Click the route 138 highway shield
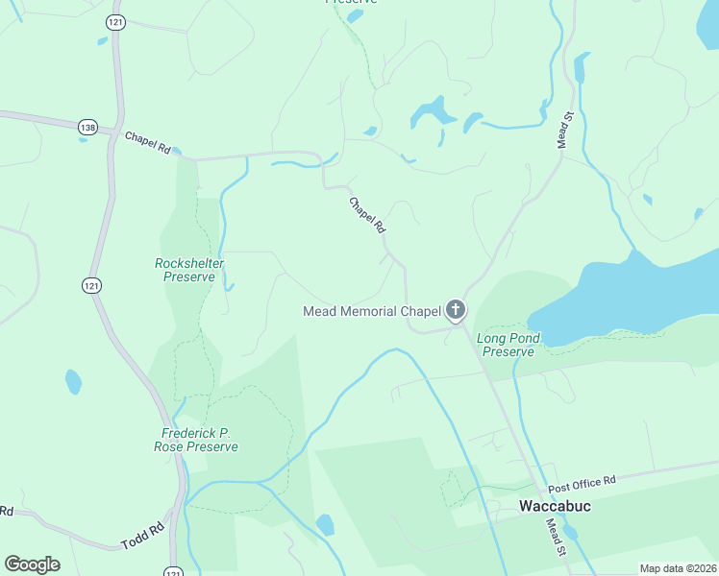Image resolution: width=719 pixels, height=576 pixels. coord(88,126)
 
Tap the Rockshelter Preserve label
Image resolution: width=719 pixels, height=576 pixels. coord(185,270)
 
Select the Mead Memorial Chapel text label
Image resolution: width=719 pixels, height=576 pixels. coord(371,311)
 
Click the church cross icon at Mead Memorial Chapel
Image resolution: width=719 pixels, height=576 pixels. coord(456,310)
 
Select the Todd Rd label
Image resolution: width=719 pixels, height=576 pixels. coord(142,536)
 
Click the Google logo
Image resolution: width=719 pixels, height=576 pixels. coord(32,564)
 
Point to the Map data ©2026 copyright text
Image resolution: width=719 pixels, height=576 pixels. coord(677,568)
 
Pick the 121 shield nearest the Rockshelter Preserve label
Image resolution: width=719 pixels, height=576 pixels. coord(90,285)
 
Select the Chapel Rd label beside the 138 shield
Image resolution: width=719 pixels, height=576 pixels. coord(147,143)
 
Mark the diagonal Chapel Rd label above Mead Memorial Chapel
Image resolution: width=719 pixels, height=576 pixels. coord(367,216)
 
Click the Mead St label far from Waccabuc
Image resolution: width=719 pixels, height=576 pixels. coord(565,131)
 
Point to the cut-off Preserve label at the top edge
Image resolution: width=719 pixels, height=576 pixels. coord(351,2)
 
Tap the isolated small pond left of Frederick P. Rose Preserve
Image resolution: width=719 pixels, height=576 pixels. coord(73,382)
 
